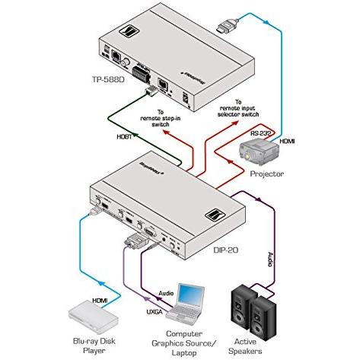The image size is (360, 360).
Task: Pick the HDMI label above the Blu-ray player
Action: (x=101, y=301)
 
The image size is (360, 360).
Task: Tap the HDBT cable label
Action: (x=125, y=136)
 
